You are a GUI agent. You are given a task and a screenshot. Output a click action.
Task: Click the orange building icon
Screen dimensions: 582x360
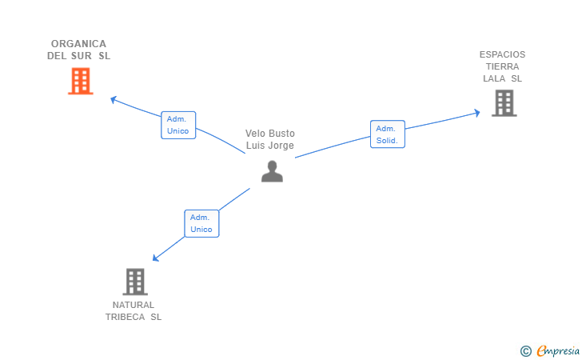pyautogui.click(x=81, y=81)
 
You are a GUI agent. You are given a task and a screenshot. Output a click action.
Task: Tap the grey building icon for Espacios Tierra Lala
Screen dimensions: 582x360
pyautogui.click(x=504, y=103)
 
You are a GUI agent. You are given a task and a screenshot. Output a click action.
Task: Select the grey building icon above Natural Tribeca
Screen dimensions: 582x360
pyautogui.click(x=135, y=282)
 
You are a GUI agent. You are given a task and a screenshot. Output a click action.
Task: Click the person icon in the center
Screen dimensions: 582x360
pyautogui.click(x=272, y=171)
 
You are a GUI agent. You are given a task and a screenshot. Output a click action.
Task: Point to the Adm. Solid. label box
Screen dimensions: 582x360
pyautogui.click(x=388, y=134)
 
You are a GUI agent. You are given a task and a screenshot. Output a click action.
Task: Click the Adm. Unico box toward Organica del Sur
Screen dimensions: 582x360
pyautogui.click(x=178, y=126)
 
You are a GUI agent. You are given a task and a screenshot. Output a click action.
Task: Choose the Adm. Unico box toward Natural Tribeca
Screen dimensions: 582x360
pyautogui.click(x=201, y=223)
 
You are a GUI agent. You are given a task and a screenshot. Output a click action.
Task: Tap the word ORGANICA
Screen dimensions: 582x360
pyautogui.click(x=78, y=44)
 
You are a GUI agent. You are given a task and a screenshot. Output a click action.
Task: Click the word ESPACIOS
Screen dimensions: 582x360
pyautogui.click(x=502, y=54)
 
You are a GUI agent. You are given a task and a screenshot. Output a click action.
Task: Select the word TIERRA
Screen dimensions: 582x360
pyautogui.click(x=503, y=66)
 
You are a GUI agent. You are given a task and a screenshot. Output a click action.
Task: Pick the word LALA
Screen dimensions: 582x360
pyautogui.click(x=494, y=78)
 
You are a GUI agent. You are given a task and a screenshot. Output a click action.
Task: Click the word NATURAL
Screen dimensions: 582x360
pyautogui.click(x=134, y=305)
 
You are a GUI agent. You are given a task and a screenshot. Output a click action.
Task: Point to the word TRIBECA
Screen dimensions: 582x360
pyautogui.click(x=125, y=317)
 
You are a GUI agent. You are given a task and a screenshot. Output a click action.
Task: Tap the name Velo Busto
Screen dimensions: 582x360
pyautogui.click(x=270, y=134)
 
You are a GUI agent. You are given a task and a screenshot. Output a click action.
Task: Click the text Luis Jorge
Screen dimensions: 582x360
pyautogui.click(x=270, y=146)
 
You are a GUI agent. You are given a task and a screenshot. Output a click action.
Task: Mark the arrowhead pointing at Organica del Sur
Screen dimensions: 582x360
pyautogui.click(x=114, y=99)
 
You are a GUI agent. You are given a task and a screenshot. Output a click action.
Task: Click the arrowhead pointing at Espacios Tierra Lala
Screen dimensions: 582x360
pyautogui.click(x=476, y=113)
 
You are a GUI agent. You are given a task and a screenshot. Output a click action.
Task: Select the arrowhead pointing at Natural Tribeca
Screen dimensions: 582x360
pyautogui.click(x=156, y=258)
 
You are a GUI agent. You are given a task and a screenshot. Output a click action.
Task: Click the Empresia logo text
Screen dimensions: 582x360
pyautogui.click(x=558, y=350)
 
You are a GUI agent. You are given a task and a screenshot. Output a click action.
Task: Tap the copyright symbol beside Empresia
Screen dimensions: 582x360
pyautogui.click(x=526, y=351)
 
